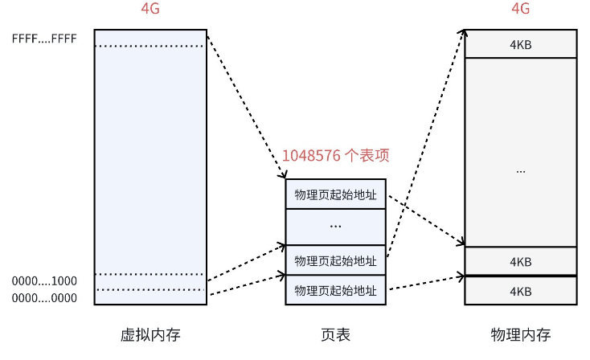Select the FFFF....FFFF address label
pos(44,38)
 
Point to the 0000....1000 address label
pos(44,281)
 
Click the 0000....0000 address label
pos(44,298)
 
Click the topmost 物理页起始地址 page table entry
pos(335,194)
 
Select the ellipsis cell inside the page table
pos(335,227)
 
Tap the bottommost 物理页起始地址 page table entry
pos(335,290)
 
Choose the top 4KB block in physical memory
pos(521,44)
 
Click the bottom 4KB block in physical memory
pos(521,290)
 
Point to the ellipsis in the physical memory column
pos(521,170)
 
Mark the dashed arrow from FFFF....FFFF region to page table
pos(245,104)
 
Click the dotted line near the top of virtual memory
pos(150,46)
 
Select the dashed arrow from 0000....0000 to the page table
pos(245,287)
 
